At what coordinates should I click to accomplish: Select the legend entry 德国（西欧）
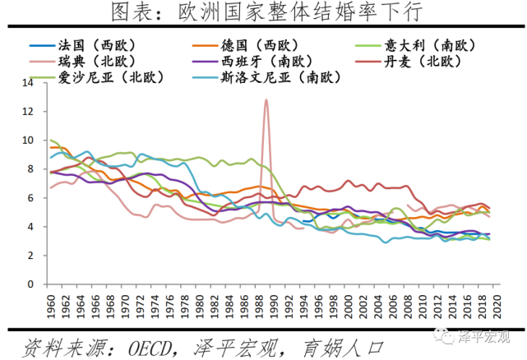coord(266,45)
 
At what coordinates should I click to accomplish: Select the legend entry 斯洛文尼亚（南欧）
coord(279,77)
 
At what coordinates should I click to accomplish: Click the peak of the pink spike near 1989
coord(266,100)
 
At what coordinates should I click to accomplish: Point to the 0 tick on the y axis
coord(33,284)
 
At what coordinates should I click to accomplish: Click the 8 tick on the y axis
coord(33,169)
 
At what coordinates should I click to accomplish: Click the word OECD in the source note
coord(151,342)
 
